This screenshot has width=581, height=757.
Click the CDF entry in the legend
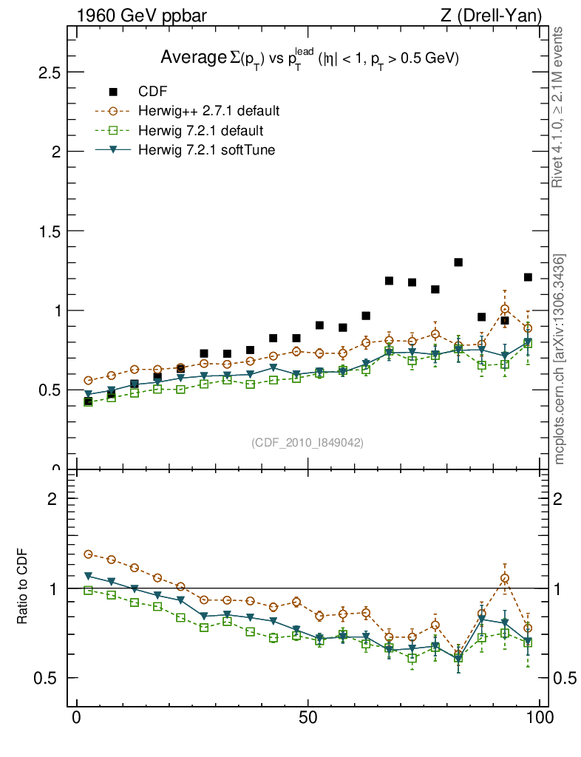153,92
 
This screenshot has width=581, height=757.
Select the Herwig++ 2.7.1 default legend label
208,112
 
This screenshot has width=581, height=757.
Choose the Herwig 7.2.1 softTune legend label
206,150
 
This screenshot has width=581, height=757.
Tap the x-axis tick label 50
309,718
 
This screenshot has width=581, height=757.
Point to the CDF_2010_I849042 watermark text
308,442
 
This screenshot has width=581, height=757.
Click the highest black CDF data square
458,262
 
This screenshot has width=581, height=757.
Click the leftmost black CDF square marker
89,401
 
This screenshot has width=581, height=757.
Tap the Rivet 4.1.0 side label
559,107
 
